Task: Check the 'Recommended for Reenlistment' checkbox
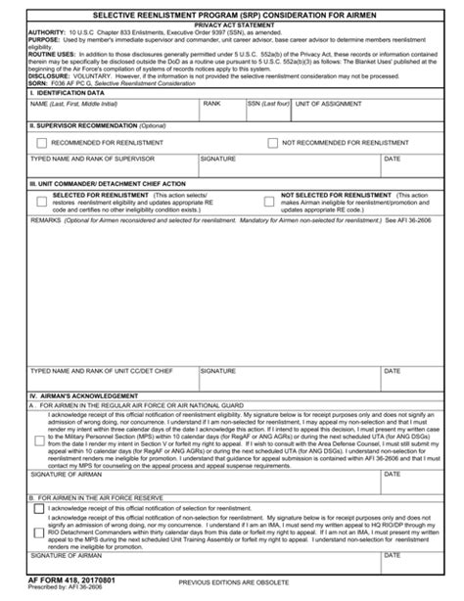[40, 143]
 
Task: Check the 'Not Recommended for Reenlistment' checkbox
[272, 143]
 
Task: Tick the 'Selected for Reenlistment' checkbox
[40, 201]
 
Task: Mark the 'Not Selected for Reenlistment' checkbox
[269, 201]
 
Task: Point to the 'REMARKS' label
[46, 222]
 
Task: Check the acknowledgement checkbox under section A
[39, 440]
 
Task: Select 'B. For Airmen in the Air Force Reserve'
[108, 498]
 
